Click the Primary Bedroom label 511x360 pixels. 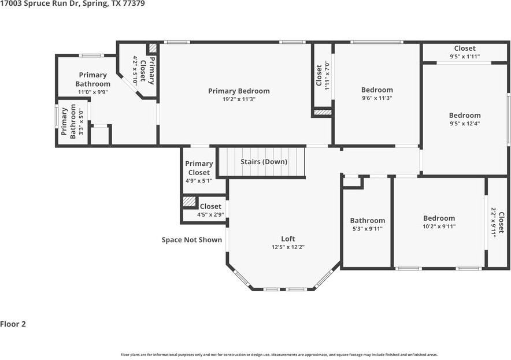[x=239, y=91]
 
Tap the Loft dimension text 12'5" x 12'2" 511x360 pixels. [x=288, y=247]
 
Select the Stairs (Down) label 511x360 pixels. [x=264, y=162]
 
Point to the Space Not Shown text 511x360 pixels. [x=192, y=240]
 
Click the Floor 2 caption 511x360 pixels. [x=13, y=324]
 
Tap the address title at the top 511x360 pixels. [x=72, y=4]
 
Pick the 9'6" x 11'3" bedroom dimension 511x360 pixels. [x=377, y=98]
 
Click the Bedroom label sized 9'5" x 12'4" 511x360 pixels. [x=465, y=116]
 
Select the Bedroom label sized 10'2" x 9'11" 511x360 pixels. [x=439, y=218]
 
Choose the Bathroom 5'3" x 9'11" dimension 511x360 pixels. [x=368, y=229]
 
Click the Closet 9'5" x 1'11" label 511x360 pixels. [x=465, y=48]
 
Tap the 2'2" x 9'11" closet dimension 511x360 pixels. [x=494, y=223]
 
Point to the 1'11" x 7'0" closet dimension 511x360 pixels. [x=328, y=75]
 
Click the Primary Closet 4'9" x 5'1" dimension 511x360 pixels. [x=199, y=180]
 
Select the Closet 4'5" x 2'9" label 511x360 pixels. [x=210, y=206]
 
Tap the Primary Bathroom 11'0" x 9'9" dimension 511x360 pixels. [x=93, y=92]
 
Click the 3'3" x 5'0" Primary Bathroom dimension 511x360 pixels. [x=81, y=122]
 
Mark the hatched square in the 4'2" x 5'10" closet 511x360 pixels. [x=153, y=48]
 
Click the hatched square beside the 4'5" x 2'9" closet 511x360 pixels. [x=189, y=201]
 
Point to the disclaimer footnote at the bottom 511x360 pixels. [x=279, y=355]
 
